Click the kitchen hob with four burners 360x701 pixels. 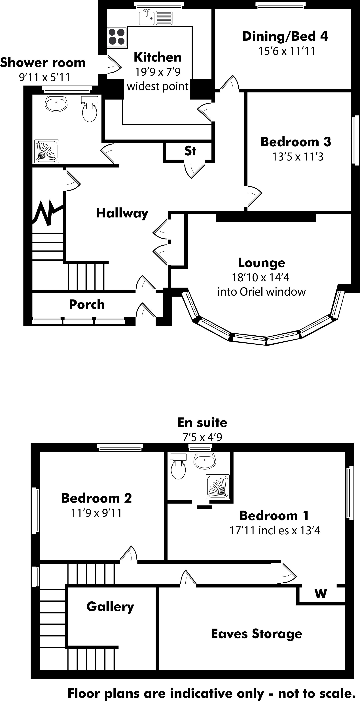[117, 37]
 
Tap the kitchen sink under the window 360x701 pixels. [147, 17]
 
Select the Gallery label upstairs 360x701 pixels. [110, 606]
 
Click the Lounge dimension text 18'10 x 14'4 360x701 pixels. [260, 277]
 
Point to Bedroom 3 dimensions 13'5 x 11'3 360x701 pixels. [298, 157]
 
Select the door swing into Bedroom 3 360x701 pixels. [254, 195]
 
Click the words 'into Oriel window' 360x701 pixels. [261, 292]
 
